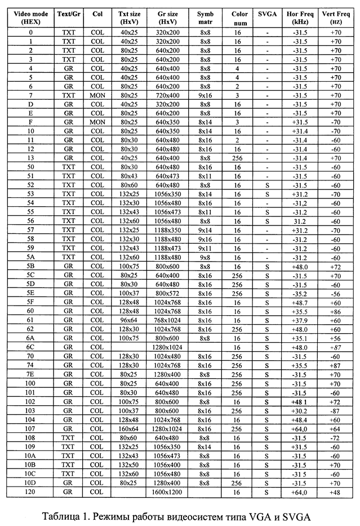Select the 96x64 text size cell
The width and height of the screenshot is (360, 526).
coord(128,320)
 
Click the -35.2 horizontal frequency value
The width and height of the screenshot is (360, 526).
coord(301,293)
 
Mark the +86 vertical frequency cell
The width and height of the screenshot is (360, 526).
coord(337,311)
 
